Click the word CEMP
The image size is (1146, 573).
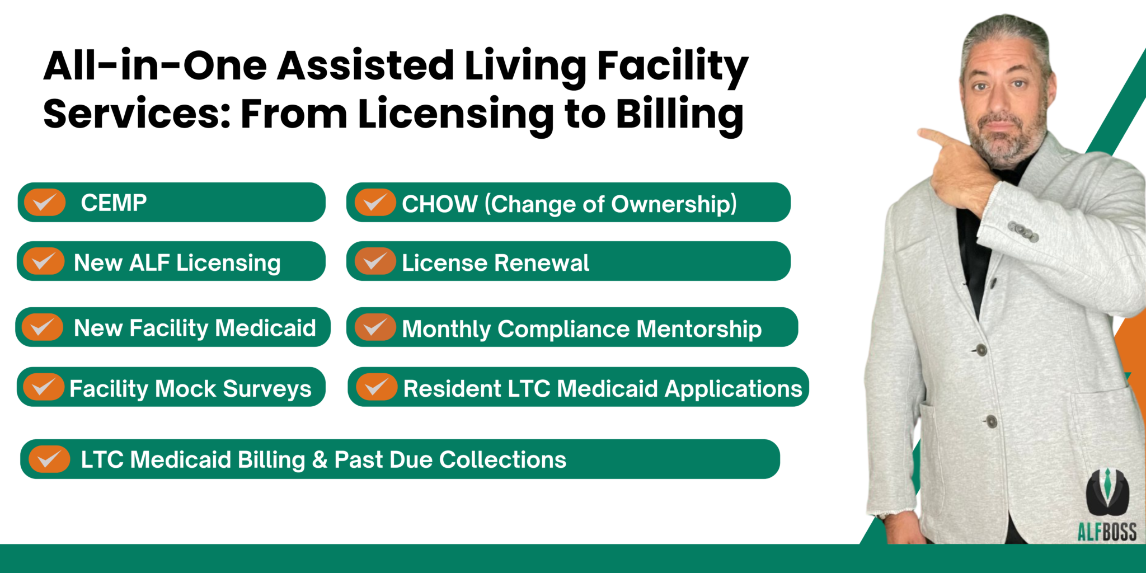tap(114, 203)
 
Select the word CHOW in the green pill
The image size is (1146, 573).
tap(439, 204)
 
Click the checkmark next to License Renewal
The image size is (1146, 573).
tap(375, 261)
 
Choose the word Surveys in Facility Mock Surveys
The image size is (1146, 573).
tap(267, 389)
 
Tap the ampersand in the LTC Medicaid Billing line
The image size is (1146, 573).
tap(320, 460)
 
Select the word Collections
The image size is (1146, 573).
tap(502, 460)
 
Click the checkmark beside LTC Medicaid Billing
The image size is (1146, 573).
tap(49, 459)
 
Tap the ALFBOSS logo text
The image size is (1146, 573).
tap(1107, 531)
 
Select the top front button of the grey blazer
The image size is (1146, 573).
tap(981, 350)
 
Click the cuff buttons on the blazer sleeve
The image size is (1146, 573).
tap(1023, 231)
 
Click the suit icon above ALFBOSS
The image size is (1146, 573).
tap(1107, 492)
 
